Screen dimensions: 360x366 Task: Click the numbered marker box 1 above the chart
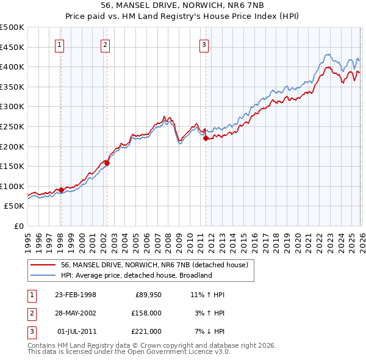[60, 44]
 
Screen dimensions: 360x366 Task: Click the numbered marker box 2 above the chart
[106, 44]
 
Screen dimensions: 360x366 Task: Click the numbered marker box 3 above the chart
[204, 44]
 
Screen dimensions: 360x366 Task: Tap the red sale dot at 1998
[61, 190]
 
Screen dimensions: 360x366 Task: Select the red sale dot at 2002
[107, 163]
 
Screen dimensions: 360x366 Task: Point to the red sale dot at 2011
[206, 138]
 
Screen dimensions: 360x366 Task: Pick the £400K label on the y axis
[12, 67]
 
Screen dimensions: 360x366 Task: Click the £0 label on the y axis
[18, 226]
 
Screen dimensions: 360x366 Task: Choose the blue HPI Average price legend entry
[135, 275]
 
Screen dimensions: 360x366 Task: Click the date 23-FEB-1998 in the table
[76, 295]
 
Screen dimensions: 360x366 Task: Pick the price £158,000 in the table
[147, 313]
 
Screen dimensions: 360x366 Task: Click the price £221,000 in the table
[147, 331]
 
